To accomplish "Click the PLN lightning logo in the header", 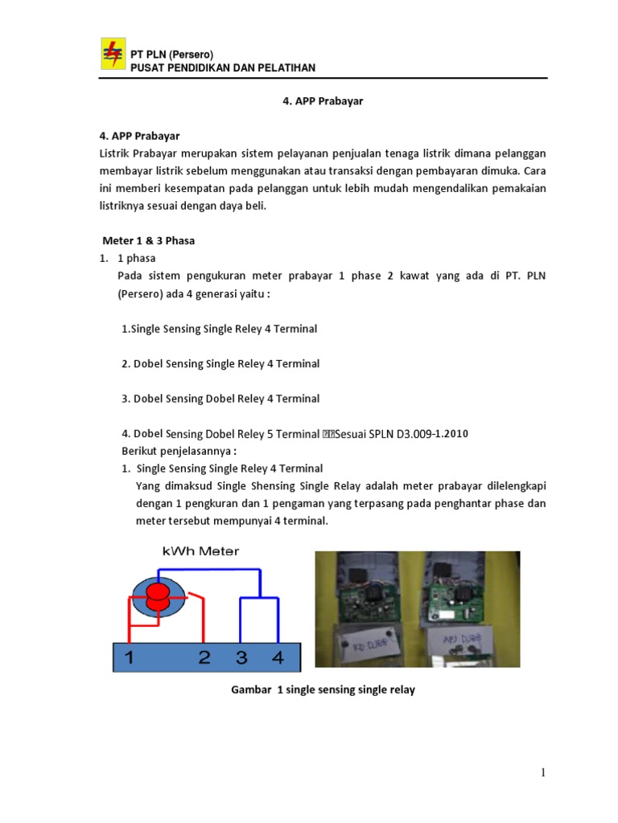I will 113,55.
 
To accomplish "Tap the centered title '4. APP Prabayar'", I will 323,102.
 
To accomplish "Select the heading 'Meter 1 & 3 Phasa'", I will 149,240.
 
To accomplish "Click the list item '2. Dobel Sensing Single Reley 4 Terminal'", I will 220,364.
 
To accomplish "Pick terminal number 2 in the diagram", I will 204,657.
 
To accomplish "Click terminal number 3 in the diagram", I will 241,657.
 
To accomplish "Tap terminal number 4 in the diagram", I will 278,657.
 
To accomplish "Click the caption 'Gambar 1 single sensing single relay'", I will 323,690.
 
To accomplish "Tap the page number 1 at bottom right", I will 543,773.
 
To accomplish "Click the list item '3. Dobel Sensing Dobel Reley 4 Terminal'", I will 220,399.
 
